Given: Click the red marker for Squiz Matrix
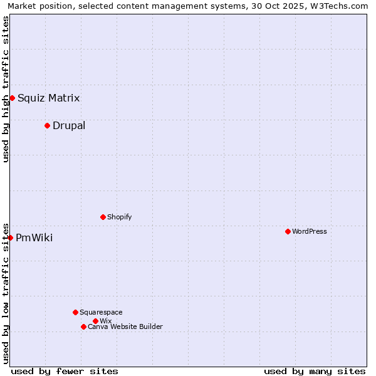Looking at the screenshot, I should coord(12,98).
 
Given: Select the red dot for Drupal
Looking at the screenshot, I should coord(47,125).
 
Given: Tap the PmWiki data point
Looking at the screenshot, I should coord(10,238).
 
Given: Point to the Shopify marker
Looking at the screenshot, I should coord(103,217).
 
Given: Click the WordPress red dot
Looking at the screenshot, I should coord(288,231).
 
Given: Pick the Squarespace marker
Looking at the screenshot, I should coord(75,312).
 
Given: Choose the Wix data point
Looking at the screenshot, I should coord(95,321).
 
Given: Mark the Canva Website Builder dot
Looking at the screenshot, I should coord(83,326).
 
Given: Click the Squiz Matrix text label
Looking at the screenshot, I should coord(48,98).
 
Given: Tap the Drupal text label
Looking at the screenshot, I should coord(69,125).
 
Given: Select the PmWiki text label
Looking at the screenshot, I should coord(34,238).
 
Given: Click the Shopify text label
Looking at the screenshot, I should coord(119,217).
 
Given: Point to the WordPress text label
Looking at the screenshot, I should coord(309,231).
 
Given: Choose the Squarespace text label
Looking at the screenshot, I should coord(101,312).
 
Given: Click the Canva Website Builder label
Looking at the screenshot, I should coord(125,326).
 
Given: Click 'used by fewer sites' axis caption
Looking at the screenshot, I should coord(65,371).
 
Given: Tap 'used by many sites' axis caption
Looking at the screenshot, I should coord(315,371).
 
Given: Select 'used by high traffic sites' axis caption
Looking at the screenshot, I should coord(6,89).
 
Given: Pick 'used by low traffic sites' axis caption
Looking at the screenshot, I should coord(6,293).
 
